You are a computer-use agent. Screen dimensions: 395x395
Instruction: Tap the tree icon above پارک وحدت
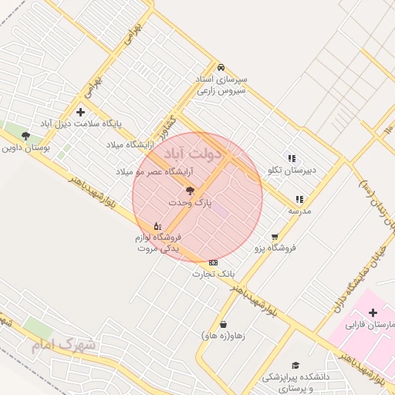[190, 190]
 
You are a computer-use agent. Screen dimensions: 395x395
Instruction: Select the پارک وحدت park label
[189, 201]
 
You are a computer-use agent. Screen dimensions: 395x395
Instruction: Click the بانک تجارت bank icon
[213, 263]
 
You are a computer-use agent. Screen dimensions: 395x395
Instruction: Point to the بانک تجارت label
[213, 274]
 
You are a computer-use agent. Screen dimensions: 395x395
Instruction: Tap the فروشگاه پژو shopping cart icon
[275, 237]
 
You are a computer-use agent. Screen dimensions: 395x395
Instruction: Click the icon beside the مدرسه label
[299, 199]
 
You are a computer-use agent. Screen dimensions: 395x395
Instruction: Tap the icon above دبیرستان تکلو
[291, 158]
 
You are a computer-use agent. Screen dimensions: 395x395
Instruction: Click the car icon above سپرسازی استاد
[221, 67]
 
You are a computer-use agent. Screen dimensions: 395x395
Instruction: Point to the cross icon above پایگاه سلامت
[80, 113]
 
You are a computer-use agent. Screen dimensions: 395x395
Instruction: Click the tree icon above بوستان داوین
[25, 135]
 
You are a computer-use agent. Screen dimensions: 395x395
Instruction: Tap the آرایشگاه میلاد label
[130, 144]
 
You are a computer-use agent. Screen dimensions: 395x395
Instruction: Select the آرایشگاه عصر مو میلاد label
[147, 170]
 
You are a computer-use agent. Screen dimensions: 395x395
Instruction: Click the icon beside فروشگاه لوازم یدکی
[157, 226]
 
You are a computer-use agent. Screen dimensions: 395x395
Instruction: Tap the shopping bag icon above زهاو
[223, 325]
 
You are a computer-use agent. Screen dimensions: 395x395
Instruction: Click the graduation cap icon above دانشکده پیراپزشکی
[295, 366]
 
